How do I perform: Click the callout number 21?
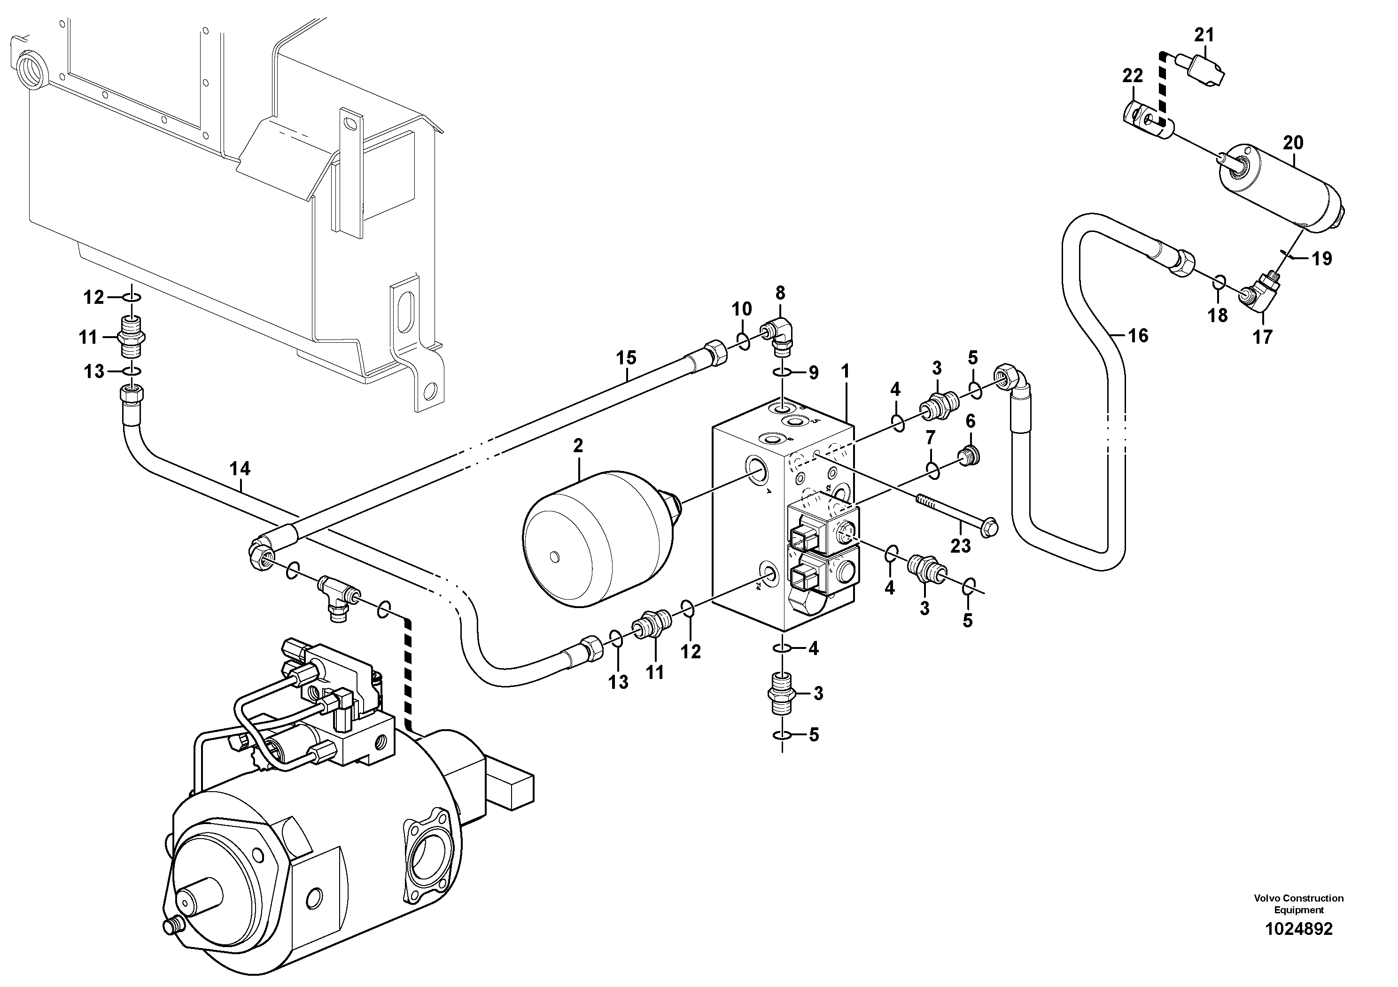(x=1204, y=35)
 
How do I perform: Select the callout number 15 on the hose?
(x=626, y=358)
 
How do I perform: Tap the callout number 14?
(x=240, y=469)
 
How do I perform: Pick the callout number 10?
(x=742, y=309)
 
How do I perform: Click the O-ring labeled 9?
(x=783, y=373)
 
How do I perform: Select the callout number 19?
(x=1322, y=259)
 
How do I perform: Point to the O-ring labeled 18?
(x=1219, y=282)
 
